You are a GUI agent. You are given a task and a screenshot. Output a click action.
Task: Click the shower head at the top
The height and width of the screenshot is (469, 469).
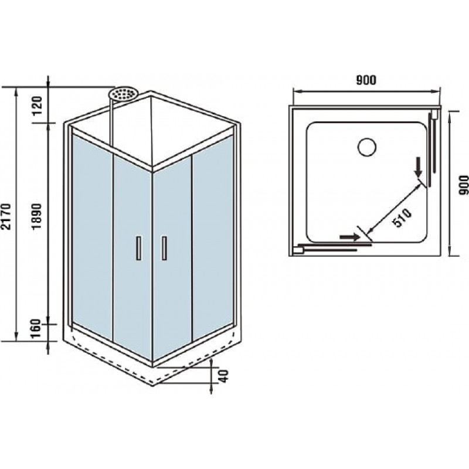[123, 93]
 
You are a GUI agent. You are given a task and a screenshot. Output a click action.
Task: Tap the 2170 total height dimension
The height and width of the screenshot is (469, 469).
[6, 216]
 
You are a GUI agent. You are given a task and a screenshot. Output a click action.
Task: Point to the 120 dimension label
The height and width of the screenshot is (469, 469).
[37, 106]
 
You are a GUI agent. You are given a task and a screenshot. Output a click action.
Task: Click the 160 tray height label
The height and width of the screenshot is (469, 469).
[36, 328]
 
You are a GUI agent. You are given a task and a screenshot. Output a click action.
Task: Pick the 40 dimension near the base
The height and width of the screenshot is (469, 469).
[223, 376]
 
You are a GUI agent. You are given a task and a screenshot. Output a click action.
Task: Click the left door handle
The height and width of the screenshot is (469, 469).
[139, 247]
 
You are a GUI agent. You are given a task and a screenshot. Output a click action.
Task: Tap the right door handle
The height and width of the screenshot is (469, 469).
[164, 247]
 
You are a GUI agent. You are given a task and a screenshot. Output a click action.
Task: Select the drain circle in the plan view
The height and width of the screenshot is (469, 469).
[367, 147]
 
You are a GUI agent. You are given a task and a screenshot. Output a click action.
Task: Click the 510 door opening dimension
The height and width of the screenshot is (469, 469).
[402, 217]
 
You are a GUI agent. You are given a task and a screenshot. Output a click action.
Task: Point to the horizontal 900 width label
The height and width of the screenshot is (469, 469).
[366, 80]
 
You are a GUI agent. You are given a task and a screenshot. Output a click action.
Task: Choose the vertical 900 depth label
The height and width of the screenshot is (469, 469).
[463, 185]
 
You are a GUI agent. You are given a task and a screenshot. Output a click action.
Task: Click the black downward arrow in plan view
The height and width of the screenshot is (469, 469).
[419, 169]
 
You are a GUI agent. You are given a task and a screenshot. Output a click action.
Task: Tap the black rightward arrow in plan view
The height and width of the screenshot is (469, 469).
[349, 237]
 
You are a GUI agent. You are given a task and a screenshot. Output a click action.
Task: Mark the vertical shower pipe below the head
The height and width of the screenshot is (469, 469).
[112, 124]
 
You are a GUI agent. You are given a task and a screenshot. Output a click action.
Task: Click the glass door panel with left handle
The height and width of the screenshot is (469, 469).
[133, 257]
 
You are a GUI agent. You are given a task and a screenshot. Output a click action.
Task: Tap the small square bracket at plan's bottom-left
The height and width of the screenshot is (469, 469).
[298, 250]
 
